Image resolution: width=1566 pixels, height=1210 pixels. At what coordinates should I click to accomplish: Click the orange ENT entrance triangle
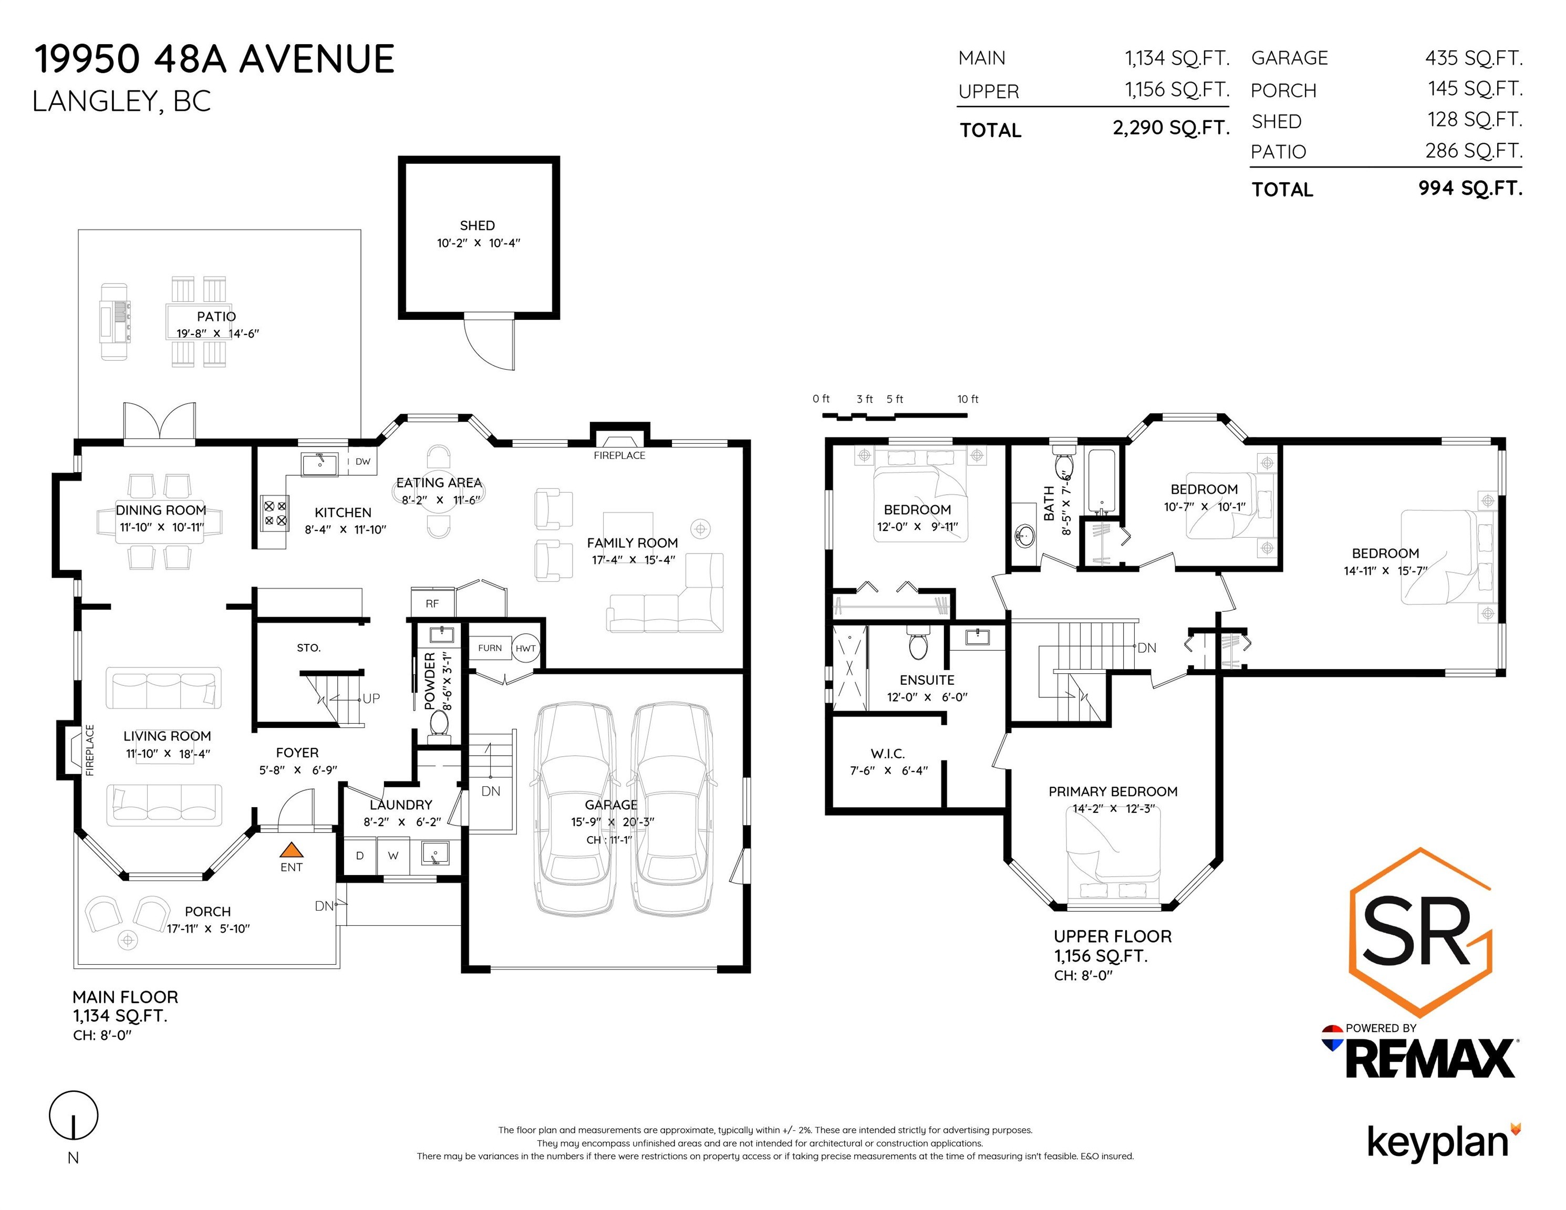tap(291, 850)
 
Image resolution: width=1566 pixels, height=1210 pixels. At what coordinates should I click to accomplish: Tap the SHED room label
tap(478, 225)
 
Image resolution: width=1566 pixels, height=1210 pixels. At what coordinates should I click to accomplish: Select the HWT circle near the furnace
tap(525, 648)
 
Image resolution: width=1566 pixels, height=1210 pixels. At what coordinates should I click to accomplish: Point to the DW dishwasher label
tap(363, 462)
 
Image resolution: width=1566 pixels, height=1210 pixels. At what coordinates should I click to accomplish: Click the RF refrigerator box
tap(432, 603)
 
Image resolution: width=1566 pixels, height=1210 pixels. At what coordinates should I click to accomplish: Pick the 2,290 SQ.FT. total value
tap(1171, 128)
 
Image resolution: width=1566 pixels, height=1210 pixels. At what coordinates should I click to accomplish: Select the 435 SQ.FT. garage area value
tap(1474, 58)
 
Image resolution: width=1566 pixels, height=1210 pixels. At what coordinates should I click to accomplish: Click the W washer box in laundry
tap(393, 855)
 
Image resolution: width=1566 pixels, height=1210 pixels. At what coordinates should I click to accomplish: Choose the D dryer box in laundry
tap(360, 855)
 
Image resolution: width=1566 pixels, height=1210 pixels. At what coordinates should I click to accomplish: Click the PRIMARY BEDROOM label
tap(1113, 791)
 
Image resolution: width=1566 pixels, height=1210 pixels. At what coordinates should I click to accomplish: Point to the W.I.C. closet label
tap(888, 754)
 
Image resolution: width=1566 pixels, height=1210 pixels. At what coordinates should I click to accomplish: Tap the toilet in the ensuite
tap(918, 642)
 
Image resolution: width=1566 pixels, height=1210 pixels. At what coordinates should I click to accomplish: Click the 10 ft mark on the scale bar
tap(968, 399)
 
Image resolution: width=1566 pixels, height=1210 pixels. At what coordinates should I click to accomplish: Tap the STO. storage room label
tap(308, 648)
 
